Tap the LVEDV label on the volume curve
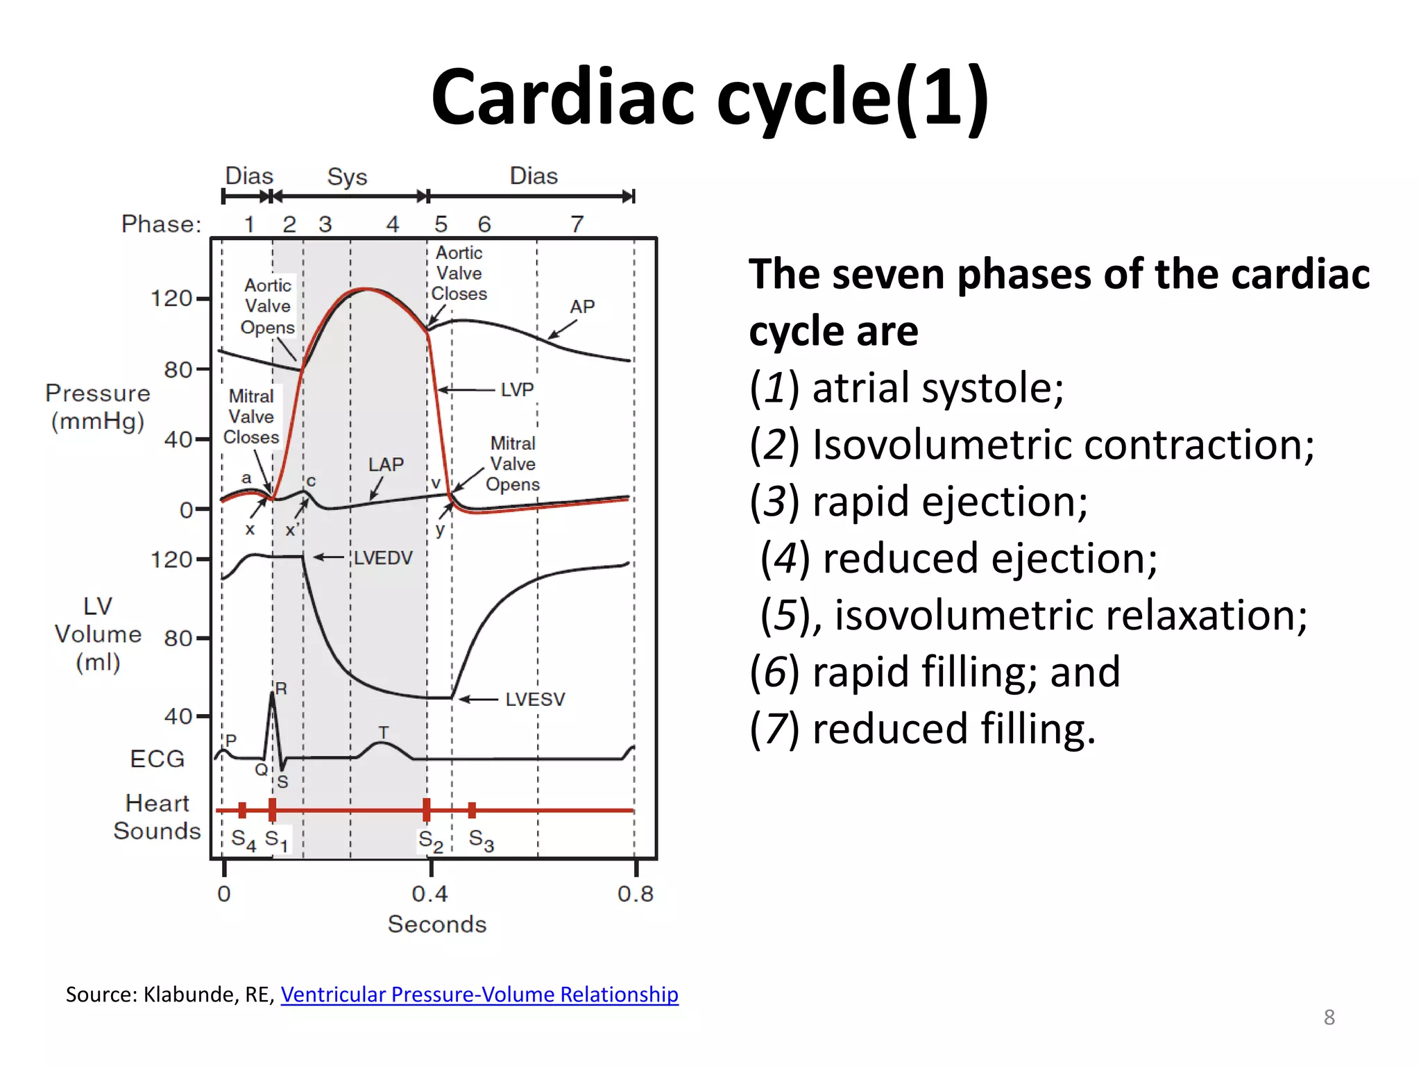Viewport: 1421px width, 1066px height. (383, 558)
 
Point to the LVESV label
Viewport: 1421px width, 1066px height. (535, 700)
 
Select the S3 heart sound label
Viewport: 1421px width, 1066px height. (481, 840)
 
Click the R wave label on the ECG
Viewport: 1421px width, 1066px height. (281, 688)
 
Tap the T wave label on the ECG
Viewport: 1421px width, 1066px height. (383, 733)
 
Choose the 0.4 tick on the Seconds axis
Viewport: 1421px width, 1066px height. (430, 893)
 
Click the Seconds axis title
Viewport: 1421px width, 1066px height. (437, 924)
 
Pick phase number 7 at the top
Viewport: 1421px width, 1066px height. (577, 224)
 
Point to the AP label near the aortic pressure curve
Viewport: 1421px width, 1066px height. (582, 307)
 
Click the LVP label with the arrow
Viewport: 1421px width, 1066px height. (517, 390)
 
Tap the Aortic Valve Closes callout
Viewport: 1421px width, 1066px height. (459, 273)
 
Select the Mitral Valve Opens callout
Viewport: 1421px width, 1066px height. (513, 464)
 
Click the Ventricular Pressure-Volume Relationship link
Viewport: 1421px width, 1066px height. (479, 995)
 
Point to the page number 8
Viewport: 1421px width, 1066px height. (1329, 1017)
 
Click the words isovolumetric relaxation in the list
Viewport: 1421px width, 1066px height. (1071, 616)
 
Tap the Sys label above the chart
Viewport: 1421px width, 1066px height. (347, 177)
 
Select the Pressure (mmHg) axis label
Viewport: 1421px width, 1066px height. (98, 407)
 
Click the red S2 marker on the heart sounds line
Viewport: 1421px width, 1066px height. (427, 809)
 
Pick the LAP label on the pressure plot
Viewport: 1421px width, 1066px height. (386, 465)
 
